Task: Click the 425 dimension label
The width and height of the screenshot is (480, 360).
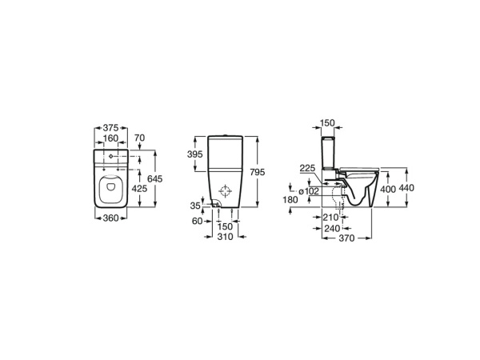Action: [138, 190]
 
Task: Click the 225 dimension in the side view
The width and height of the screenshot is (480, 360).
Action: [306, 168]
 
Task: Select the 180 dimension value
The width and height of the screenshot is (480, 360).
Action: [290, 201]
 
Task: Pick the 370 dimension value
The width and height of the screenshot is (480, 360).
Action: [345, 238]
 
